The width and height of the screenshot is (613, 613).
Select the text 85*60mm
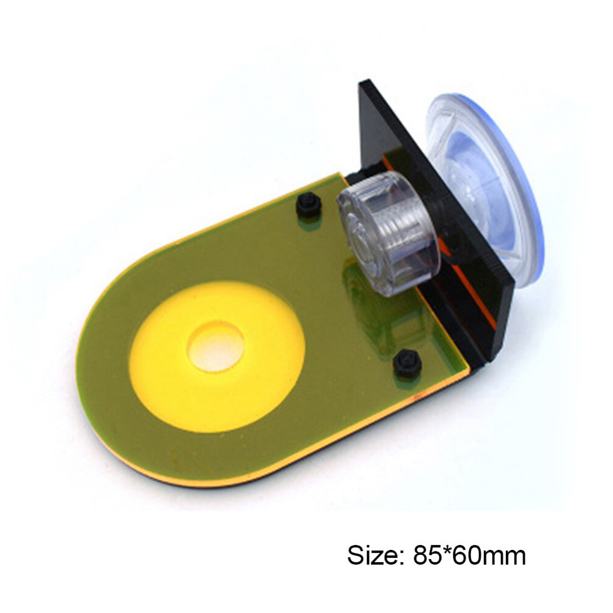pos(469,555)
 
